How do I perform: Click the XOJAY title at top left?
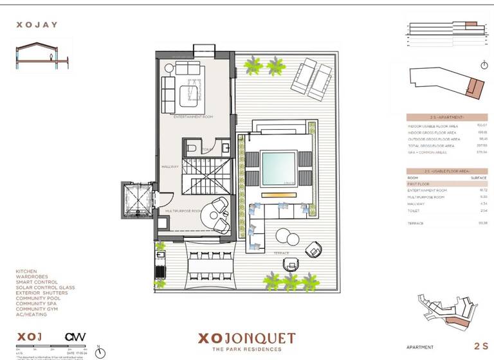36,26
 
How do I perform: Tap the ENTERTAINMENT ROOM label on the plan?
194,118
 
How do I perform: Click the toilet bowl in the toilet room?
192,149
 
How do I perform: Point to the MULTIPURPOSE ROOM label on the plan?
184,211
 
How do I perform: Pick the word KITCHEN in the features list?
26,271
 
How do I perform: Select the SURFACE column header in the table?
479,177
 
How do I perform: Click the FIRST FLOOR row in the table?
419,184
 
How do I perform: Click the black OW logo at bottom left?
75,336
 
